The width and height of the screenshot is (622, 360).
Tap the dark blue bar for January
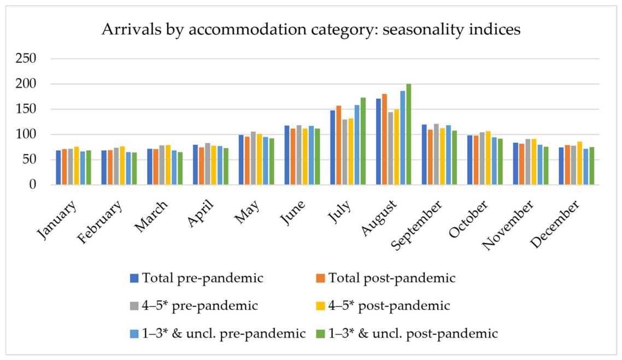pos(58,167)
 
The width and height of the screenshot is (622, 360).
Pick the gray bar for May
pos(253,158)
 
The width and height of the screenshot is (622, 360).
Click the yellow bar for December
pos(579,163)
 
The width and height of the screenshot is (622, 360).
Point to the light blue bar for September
pos(448,155)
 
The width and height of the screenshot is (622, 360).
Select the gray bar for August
pos(390,148)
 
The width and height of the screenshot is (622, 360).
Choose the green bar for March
pos(180,168)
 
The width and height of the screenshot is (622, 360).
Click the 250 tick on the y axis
pos(26,58)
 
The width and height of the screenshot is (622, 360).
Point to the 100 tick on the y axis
pos(26,134)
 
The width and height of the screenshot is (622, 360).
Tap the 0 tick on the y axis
pos(33,185)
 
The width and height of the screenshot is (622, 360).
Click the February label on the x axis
pos(100,222)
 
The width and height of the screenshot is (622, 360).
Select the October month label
pos(468,219)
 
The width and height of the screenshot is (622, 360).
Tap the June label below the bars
pos(293,212)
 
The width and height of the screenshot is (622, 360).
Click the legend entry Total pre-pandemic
pos(197,278)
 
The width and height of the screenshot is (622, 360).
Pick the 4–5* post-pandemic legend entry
pos(383,306)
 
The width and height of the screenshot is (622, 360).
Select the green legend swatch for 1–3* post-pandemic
pos(320,334)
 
